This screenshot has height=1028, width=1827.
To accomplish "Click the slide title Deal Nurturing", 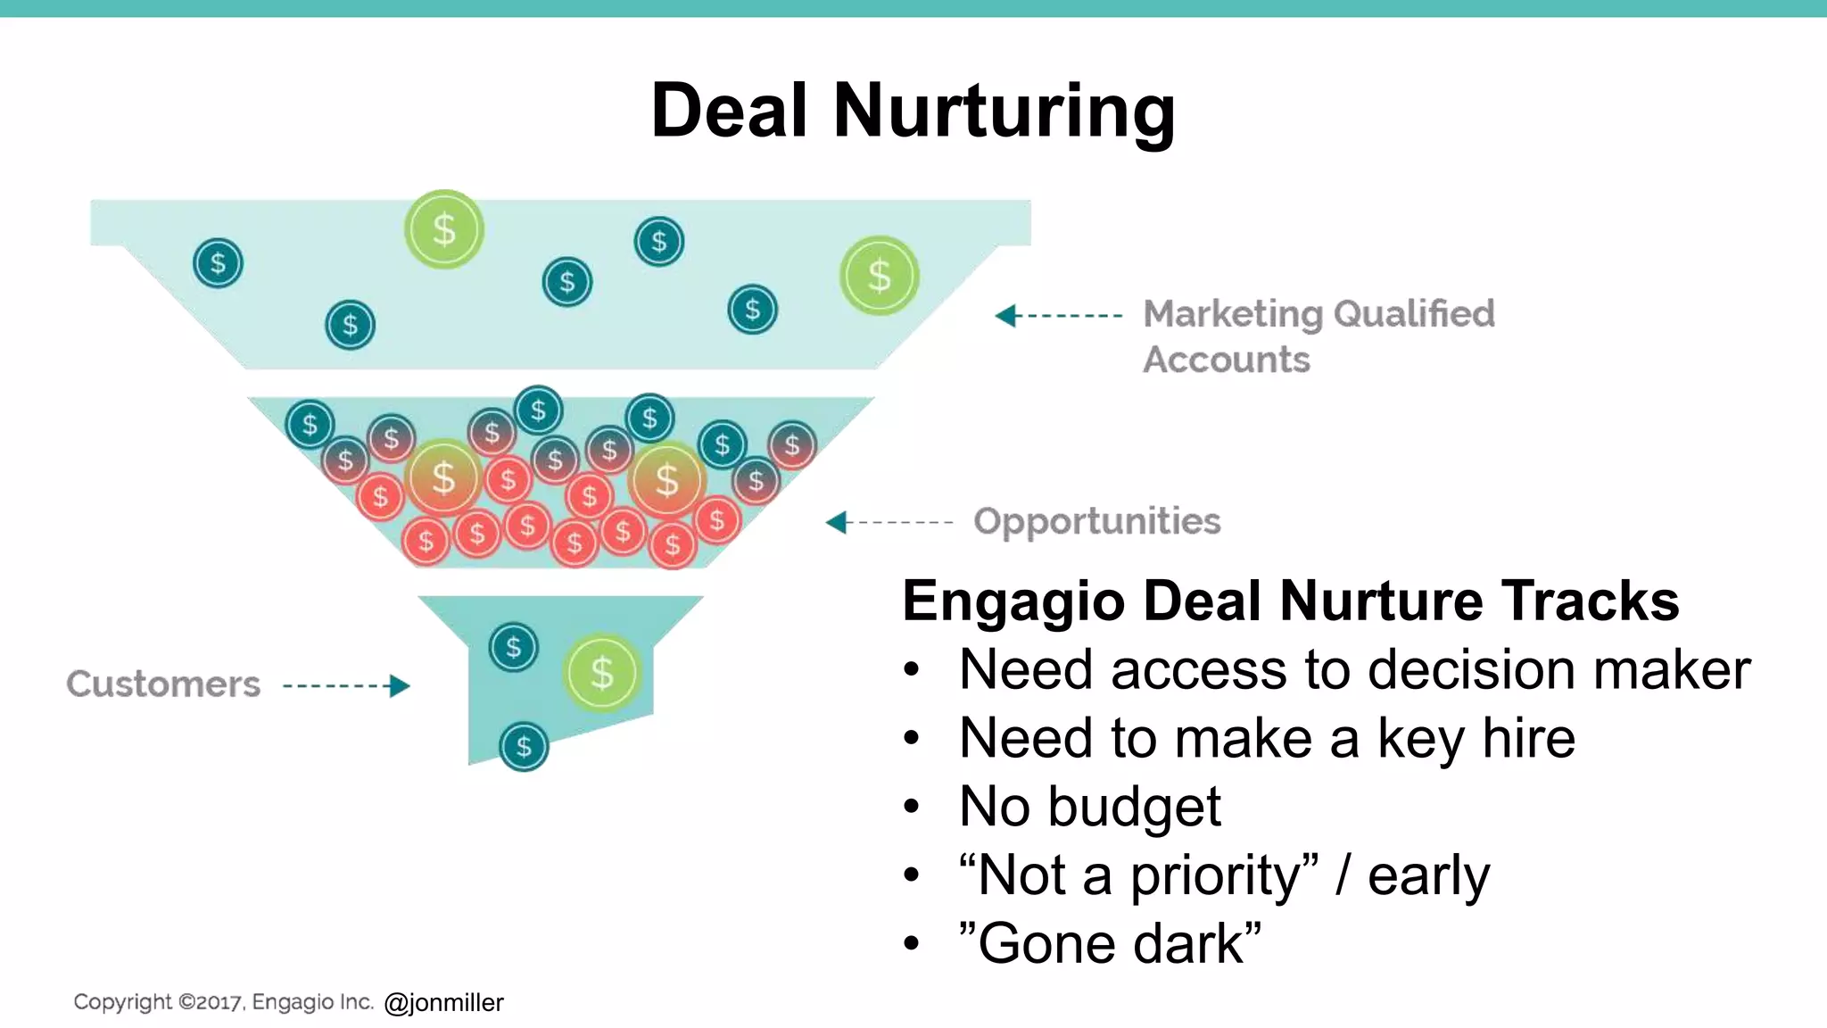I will (x=913, y=112).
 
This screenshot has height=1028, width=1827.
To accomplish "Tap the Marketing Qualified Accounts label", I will (x=1319, y=336).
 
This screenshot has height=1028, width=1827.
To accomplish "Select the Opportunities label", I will (x=1096, y=521).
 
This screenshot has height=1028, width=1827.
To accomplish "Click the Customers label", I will (x=163, y=684).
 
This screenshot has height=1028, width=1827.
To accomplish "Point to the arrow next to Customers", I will (x=346, y=685).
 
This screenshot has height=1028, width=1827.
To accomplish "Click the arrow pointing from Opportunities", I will (x=889, y=522).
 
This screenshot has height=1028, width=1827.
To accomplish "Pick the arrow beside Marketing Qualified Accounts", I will (x=1058, y=316).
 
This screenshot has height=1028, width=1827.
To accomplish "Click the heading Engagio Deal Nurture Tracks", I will (x=1290, y=601).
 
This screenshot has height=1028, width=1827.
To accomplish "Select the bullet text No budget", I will (x=1089, y=807).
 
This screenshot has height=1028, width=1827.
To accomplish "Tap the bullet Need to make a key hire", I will (x=1267, y=738).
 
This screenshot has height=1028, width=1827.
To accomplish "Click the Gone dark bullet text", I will (x=1110, y=944).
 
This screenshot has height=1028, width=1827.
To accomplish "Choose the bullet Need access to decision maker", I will (x=1354, y=670).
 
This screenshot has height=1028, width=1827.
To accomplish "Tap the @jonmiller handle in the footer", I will (x=443, y=1003).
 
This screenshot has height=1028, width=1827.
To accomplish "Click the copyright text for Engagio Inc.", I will (x=223, y=1002).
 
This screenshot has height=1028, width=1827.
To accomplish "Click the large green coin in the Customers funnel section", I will (x=602, y=673).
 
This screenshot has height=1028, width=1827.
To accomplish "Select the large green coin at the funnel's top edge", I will (x=444, y=229).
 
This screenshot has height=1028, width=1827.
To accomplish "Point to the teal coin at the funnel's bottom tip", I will (x=524, y=746).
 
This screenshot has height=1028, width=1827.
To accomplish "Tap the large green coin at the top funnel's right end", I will (x=880, y=276).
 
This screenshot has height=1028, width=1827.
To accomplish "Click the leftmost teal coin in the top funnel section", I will (x=218, y=263).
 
